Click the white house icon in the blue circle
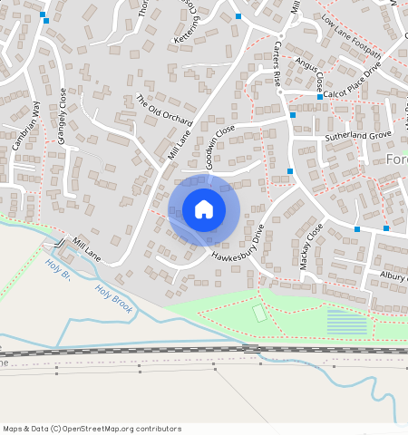204,210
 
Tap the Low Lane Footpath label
351,34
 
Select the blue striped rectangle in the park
346,322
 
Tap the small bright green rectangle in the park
260,314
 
